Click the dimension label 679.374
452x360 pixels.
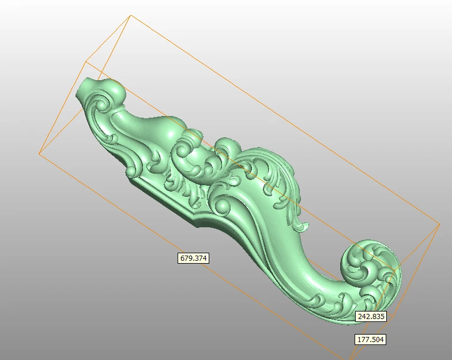(193, 258)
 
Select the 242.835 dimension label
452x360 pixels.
(371, 316)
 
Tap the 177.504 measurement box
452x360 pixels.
(370, 340)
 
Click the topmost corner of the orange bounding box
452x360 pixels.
(131, 16)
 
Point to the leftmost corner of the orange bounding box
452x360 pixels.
(39, 153)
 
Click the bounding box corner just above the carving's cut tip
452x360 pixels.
(86, 61)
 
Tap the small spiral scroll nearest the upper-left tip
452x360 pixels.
(99, 105)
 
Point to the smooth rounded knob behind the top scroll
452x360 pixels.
(115, 91)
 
